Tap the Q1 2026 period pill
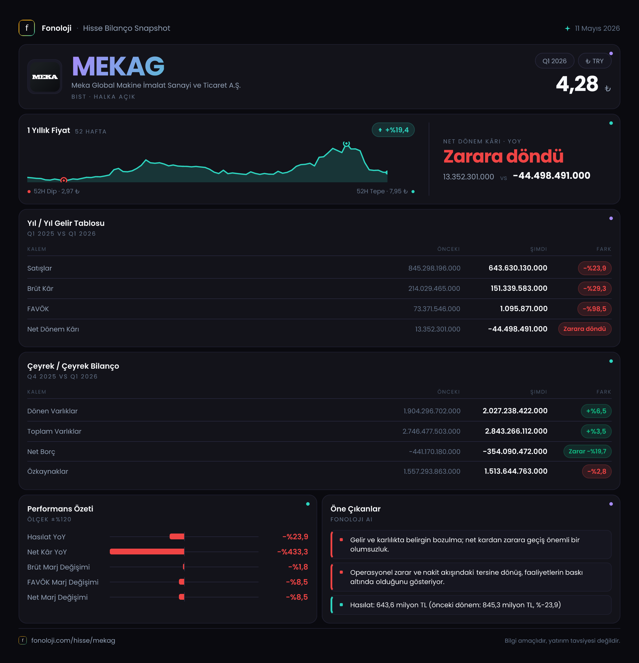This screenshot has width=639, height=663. click(x=554, y=61)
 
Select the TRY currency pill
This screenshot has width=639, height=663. click(x=594, y=61)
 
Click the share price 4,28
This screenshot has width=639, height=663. click(x=577, y=84)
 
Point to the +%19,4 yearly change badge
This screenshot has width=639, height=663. click(x=393, y=130)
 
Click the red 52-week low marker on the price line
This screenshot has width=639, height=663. click(x=64, y=180)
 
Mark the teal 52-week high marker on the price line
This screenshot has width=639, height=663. click(x=346, y=143)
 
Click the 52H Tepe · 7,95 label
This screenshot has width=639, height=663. click(x=382, y=192)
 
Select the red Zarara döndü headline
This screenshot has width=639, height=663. click(x=503, y=156)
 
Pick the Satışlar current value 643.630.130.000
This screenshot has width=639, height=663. click(x=518, y=268)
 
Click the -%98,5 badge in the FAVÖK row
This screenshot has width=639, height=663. click(x=594, y=309)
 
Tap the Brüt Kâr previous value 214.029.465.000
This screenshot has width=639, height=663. click(x=434, y=289)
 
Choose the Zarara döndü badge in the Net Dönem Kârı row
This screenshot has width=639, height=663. click(x=584, y=329)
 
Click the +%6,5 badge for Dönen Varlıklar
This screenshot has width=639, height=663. click(x=596, y=411)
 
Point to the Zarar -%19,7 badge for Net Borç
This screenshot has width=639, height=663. click(x=587, y=451)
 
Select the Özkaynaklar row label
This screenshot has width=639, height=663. click(x=48, y=471)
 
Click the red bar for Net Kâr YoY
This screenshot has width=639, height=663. click(x=147, y=552)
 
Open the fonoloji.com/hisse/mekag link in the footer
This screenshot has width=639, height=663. click(x=73, y=640)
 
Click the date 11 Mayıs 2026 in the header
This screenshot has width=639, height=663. click(x=597, y=28)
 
